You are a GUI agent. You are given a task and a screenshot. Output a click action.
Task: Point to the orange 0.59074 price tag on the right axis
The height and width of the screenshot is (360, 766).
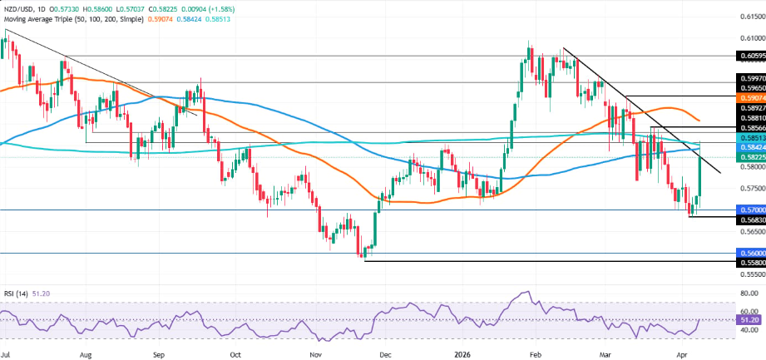[749, 96]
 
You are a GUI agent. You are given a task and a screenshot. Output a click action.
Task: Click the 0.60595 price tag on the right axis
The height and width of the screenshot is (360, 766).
[749, 56]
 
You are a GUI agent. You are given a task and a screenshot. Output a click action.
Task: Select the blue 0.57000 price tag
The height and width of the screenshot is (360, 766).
[749, 210]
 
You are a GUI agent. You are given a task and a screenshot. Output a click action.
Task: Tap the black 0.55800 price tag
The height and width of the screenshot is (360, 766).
[749, 261]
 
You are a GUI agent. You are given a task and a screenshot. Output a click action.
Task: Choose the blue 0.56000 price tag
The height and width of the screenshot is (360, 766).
[749, 253]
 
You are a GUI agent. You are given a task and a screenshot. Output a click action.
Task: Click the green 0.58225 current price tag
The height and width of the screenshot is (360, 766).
[749, 157]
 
